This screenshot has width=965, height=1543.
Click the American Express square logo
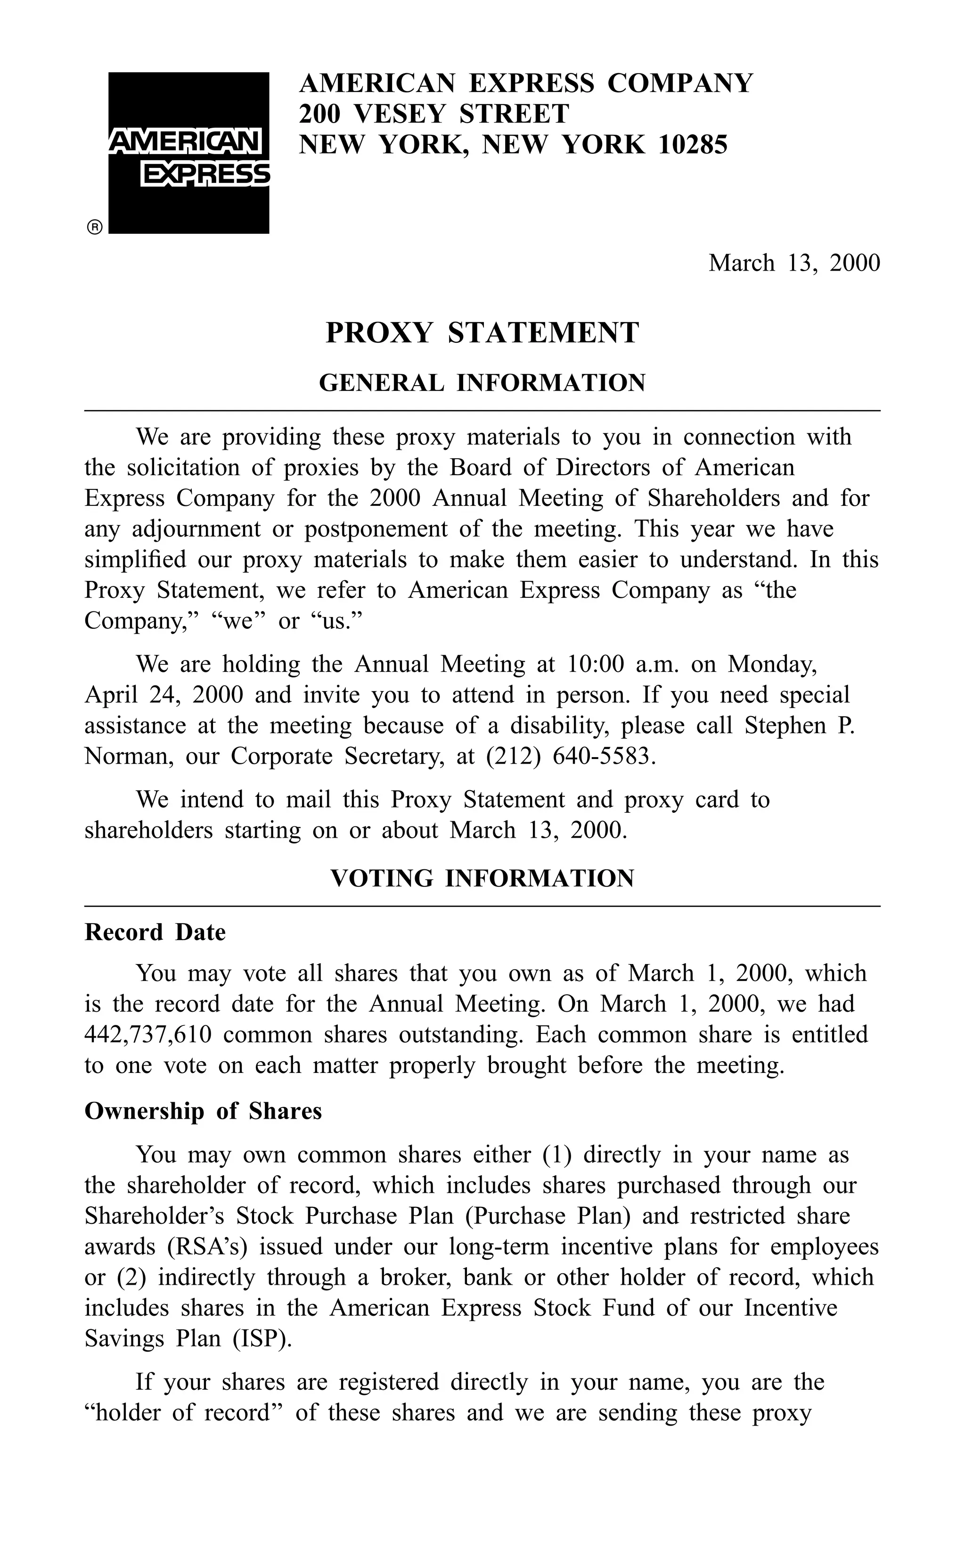point(189,153)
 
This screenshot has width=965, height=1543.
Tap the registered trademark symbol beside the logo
point(94,227)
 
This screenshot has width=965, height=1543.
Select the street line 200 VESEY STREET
point(433,114)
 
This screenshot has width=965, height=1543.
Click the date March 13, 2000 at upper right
point(793,263)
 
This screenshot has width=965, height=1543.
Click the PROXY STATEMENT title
point(482,333)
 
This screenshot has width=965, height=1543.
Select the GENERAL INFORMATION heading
point(482,383)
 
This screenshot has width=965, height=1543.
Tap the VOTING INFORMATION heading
point(482,878)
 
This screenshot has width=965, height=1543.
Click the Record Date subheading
point(155,932)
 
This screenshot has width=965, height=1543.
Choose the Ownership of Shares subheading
point(203,1112)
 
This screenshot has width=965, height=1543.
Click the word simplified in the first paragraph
point(134,560)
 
